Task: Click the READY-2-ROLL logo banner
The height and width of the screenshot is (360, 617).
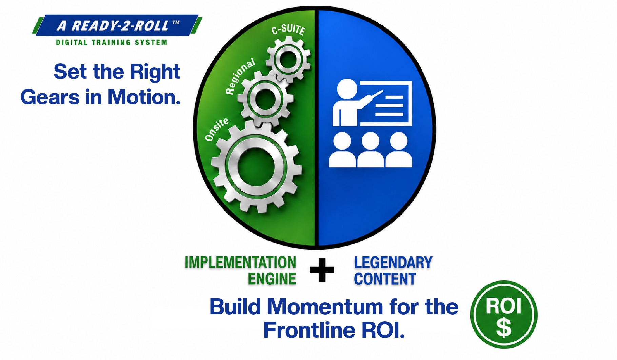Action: pos(117,25)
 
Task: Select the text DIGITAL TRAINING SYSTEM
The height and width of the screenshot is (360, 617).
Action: pos(112,43)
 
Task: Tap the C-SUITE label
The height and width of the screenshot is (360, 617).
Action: pos(288,30)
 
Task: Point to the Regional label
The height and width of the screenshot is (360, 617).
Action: pos(240,76)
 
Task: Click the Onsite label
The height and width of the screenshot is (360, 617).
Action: pos(217,129)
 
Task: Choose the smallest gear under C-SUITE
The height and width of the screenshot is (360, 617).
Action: pos(288,60)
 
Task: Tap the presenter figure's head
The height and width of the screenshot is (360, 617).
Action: pos(347,89)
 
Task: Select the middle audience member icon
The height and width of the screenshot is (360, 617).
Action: pos(371,150)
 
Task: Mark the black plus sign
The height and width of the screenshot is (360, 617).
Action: pos(322,270)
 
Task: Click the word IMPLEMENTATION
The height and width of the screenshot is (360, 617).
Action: pos(240,263)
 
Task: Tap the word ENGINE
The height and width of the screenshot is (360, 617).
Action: pos(272,279)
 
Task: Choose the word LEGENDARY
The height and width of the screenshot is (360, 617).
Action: pos(393,263)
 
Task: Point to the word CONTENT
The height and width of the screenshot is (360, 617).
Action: pos(385,279)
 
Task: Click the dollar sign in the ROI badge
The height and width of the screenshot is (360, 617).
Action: pos(504,328)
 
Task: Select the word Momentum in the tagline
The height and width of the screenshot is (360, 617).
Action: pos(326,307)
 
